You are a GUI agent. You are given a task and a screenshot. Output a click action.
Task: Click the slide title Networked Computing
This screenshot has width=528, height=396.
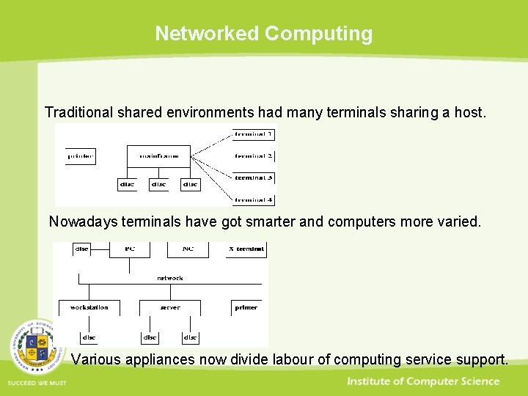click(x=263, y=34)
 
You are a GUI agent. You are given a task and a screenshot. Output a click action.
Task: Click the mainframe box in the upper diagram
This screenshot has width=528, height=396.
click(x=158, y=156)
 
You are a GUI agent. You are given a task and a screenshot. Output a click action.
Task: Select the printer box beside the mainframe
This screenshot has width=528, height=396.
click(x=81, y=156)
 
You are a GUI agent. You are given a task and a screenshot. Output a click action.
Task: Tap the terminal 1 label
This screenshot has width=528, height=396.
click(x=254, y=135)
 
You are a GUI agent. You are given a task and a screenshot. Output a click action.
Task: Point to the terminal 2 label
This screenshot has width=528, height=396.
click(x=254, y=156)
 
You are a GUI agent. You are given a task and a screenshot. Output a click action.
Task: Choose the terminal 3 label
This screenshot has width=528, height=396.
click(x=254, y=178)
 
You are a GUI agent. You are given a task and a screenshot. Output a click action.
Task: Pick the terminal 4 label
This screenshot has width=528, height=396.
click(x=254, y=199)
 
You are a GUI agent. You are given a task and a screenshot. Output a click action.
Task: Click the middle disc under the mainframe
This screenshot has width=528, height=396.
click(x=158, y=185)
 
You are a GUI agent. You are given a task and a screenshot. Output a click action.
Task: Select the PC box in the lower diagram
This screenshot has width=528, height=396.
click(x=128, y=249)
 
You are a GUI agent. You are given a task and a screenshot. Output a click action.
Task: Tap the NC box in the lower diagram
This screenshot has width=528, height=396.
click(x=188, y=249)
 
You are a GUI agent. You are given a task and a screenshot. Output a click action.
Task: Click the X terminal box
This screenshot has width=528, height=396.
click(x=246, y=249)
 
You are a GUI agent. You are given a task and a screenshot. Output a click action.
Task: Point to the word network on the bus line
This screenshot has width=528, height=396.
click(x=169, y=278)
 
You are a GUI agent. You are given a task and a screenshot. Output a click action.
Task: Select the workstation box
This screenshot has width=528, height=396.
click(x=89, y=307)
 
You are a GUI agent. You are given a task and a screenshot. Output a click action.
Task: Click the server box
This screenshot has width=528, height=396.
click(x=169, y=307)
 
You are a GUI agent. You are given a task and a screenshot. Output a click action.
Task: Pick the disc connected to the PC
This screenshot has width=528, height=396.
click(x=81, y=249)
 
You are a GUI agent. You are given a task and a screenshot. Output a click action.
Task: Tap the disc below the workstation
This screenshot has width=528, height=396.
click(x=89, y=337)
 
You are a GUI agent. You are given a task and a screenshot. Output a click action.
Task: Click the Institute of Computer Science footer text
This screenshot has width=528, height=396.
click(x=423, y=381)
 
